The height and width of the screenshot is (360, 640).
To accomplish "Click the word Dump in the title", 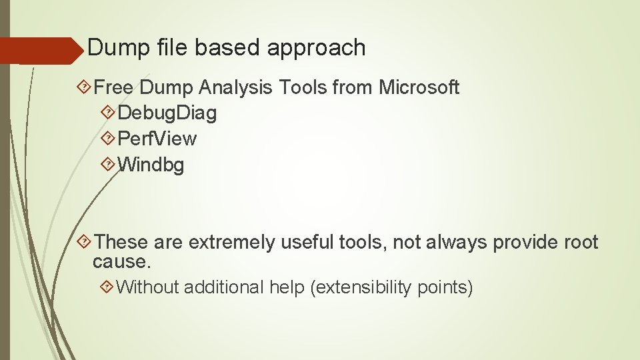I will point(113,47).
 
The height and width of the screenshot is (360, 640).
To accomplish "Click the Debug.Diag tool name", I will point(167,113).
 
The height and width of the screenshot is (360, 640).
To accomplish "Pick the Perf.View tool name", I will point(157,139).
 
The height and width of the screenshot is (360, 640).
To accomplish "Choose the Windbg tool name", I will point(151,164).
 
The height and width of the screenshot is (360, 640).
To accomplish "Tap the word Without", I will point(147,287).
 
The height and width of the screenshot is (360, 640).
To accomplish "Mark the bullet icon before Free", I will point(85,87).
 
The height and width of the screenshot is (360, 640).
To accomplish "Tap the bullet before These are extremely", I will point(85,242).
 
